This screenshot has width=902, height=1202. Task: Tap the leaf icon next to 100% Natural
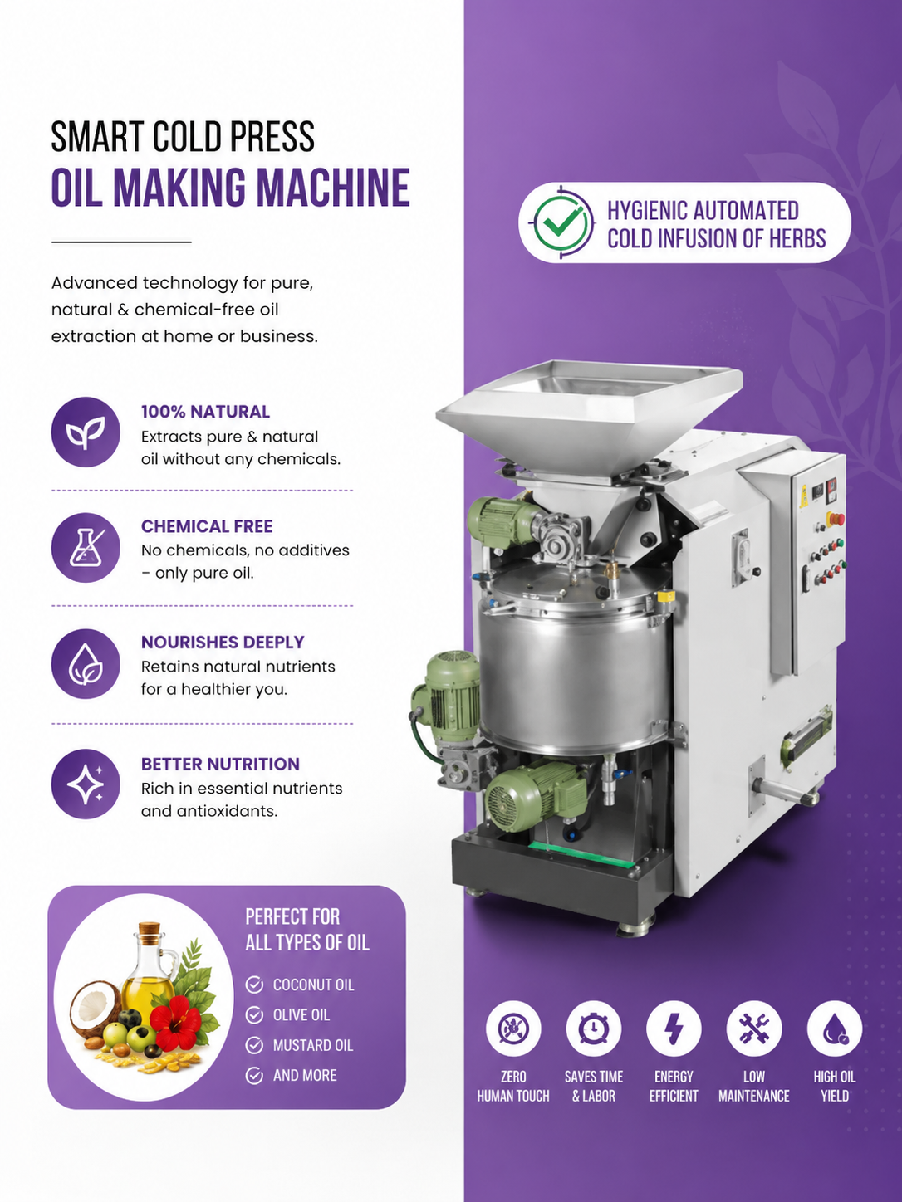click(x=86, y=432)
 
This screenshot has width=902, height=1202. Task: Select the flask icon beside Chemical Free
click(x=86, y=547)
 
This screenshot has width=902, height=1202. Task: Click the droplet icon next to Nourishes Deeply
click(x=86, y=663)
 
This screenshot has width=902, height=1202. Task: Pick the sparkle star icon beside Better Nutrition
click(x=86, y=784)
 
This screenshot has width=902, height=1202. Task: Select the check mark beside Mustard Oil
click(x=254, y=1045)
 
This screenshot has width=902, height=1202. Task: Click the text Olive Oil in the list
click(x=301, y=1014)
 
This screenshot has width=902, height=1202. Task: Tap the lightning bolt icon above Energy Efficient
click(x=674, y=1029)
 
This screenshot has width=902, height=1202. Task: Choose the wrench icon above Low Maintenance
click(x=753, y=1029)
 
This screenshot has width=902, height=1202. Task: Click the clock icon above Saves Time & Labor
click(x=594, y=1029)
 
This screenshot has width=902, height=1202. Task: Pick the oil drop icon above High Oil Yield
click(x=834, y=1029)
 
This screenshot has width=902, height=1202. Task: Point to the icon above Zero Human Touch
click(x=513, y=1029)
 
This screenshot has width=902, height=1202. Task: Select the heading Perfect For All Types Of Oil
click(x=306, y=929)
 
